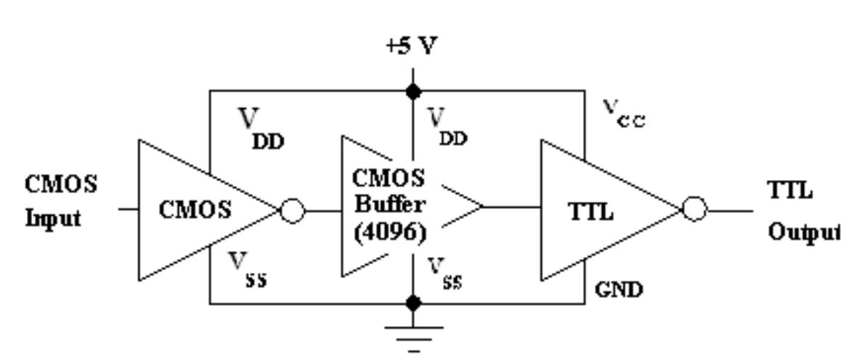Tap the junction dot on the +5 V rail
coord(413,91)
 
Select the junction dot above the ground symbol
coord(413,303)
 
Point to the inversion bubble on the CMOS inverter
coord(293,211)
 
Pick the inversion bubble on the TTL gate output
coord(695,210)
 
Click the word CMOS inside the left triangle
coord(195,210)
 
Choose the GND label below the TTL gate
coord(619,290)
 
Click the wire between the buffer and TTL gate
coord(512,207)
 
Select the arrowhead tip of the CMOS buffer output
coord(482,207)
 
